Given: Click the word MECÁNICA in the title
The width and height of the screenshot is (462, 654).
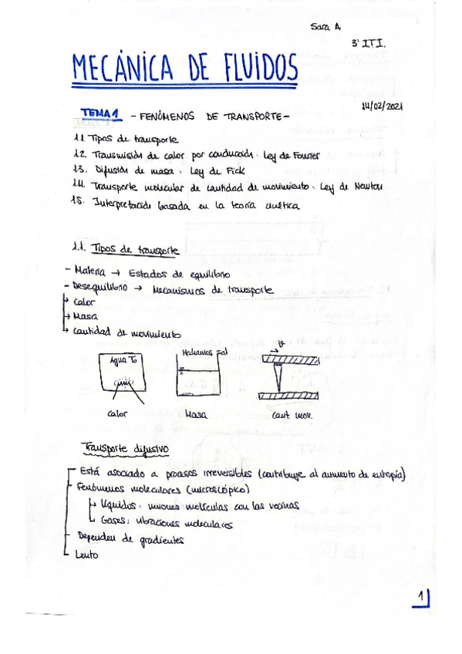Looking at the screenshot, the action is point(126,71).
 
